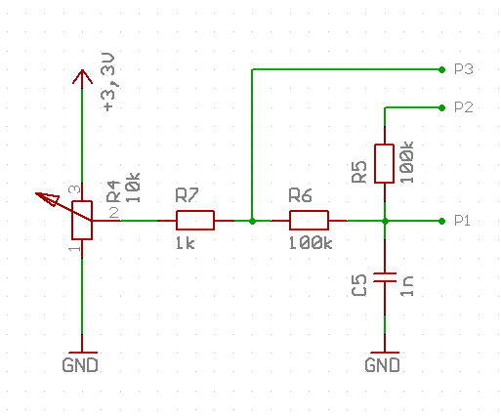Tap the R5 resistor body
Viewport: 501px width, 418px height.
pos(385,163)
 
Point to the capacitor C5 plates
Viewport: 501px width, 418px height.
pos(385,277)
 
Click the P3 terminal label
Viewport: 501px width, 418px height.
pos(464,69)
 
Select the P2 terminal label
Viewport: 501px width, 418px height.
pos(464,107)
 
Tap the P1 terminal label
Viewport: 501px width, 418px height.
pos(462,221)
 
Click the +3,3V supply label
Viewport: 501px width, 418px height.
pos(109,82)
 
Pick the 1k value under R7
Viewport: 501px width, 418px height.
pos(186,243)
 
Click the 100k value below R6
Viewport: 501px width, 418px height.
pos(311,243)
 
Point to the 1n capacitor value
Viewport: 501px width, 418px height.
pos(407,286)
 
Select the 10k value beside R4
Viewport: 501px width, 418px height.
pos(133,188)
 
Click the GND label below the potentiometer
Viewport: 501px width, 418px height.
pos(80,365)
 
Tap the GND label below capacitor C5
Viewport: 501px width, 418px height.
pos(383,365)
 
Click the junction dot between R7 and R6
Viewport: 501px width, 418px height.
pos(252,222)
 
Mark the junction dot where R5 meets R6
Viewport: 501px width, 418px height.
pos(385,222)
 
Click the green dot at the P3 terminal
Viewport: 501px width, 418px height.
pos(441,69)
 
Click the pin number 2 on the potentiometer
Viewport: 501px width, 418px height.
pos(114,213)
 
